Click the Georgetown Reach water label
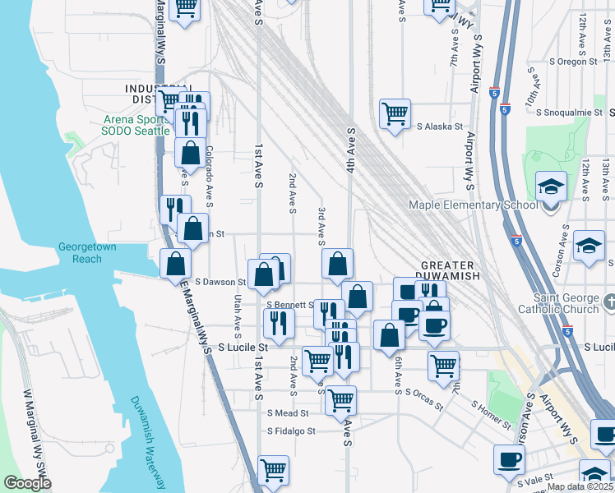pos(80,253)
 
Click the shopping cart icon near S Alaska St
pos(395,113)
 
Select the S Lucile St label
pos(244,348)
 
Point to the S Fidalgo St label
pos(294,431)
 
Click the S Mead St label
pos(287,413)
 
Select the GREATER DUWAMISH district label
pos(449,271)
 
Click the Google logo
pos(27,484)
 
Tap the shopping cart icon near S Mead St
pos(340,401)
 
